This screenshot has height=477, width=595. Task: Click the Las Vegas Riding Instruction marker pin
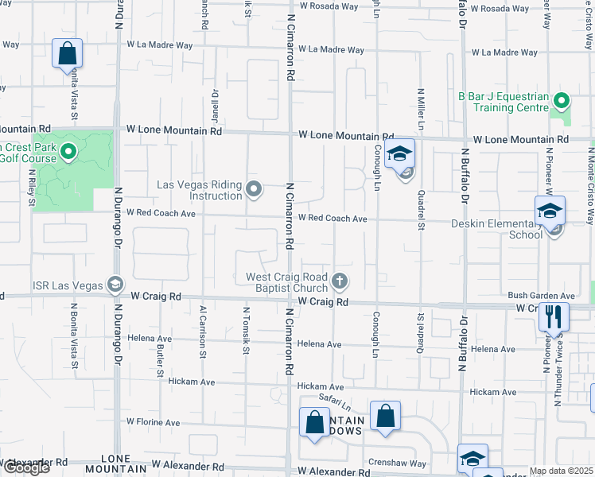(254, 188)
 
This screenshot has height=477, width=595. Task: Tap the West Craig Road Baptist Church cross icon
(340, 281)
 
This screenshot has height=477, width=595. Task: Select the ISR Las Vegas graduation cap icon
(116, 285)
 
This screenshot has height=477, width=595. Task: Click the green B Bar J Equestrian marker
(561, 101)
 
